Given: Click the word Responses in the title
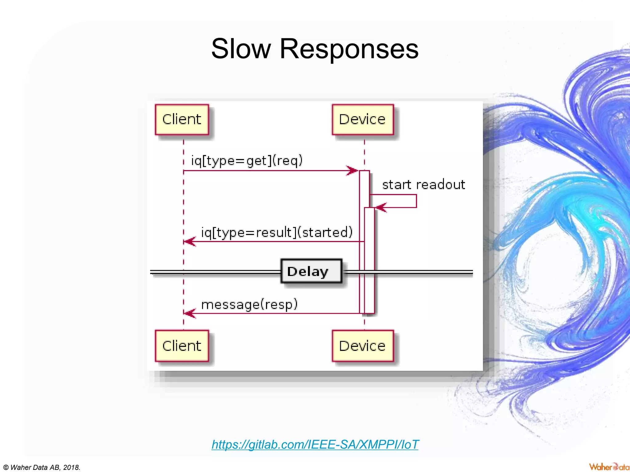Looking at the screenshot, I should pyautogui.click(x=349, y=49).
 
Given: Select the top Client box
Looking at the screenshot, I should pyautogui.click(x=182, y=120).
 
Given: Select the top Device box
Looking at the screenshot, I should pyautogui.click(x=363, y=120).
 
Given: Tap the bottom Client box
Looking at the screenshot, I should pyautogui.click(x=182, y=346).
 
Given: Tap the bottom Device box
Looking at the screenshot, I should pyautogui.click(x=363, y=346).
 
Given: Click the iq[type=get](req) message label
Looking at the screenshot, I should pyautogui.click(x=247, y=160).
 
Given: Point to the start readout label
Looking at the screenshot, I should pyautogui.click(x=423, y=185).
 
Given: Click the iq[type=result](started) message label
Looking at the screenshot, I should pyautogui.click(x=277, y=232).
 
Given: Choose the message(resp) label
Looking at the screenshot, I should pyautogui.click(x=249, y=305).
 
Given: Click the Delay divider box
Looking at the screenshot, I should pyautogui.click(x=311, y=271).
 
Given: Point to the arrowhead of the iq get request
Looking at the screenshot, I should pyautogui.click(x=353, y=171).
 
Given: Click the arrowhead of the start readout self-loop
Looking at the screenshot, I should pyautogui.click(x=380, y=208).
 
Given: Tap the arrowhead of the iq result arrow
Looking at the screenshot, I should pyautogui.click(x=189, y=242).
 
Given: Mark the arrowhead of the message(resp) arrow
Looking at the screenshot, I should pyautogui.click(x=189, y=313).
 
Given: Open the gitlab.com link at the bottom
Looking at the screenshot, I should pyautogui.click(x=315, y=444).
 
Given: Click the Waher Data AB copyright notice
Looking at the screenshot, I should pyautogui.click(x=42, y=467).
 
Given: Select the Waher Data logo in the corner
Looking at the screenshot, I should pyautogui.click(x=609, y=467).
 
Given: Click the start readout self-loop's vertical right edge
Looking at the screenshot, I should pyautogui.click(x=417, y=201).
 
